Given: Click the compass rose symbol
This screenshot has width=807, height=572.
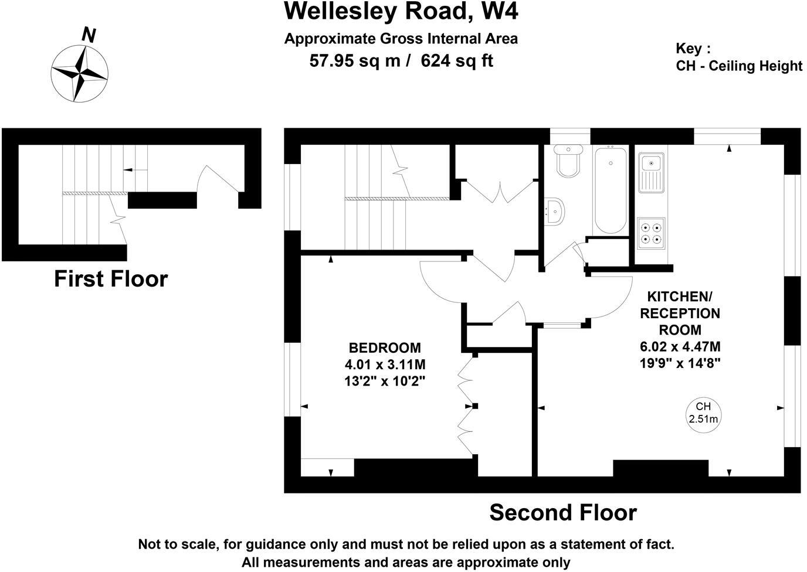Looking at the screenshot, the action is coord(79,73).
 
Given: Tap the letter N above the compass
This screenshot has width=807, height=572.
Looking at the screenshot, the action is coord(89,36).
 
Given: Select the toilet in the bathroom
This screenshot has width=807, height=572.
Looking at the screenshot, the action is coord(568,160).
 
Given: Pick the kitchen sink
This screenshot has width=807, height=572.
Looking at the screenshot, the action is coord(651,173).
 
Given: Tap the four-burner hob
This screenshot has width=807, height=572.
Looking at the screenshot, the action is coord(652,233).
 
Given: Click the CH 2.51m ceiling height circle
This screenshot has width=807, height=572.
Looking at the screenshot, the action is coord(703,413).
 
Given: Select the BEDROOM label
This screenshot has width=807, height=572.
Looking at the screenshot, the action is coord(385,347).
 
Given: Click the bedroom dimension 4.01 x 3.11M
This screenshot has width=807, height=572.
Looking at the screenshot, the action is coord(385,364).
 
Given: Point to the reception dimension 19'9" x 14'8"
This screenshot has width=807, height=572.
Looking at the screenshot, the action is coord(680,363).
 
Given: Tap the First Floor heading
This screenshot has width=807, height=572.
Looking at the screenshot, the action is coord(111,279).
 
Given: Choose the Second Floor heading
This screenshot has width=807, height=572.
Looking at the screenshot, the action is coord(563,513).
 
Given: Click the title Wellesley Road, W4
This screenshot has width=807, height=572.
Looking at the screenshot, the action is coord(401,11).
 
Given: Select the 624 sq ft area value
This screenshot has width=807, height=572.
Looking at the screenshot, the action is coord(457,60).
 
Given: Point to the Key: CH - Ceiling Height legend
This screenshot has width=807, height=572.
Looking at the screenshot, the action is coord(738,57).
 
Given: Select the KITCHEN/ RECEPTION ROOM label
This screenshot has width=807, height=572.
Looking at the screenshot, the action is coord(680,312).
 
